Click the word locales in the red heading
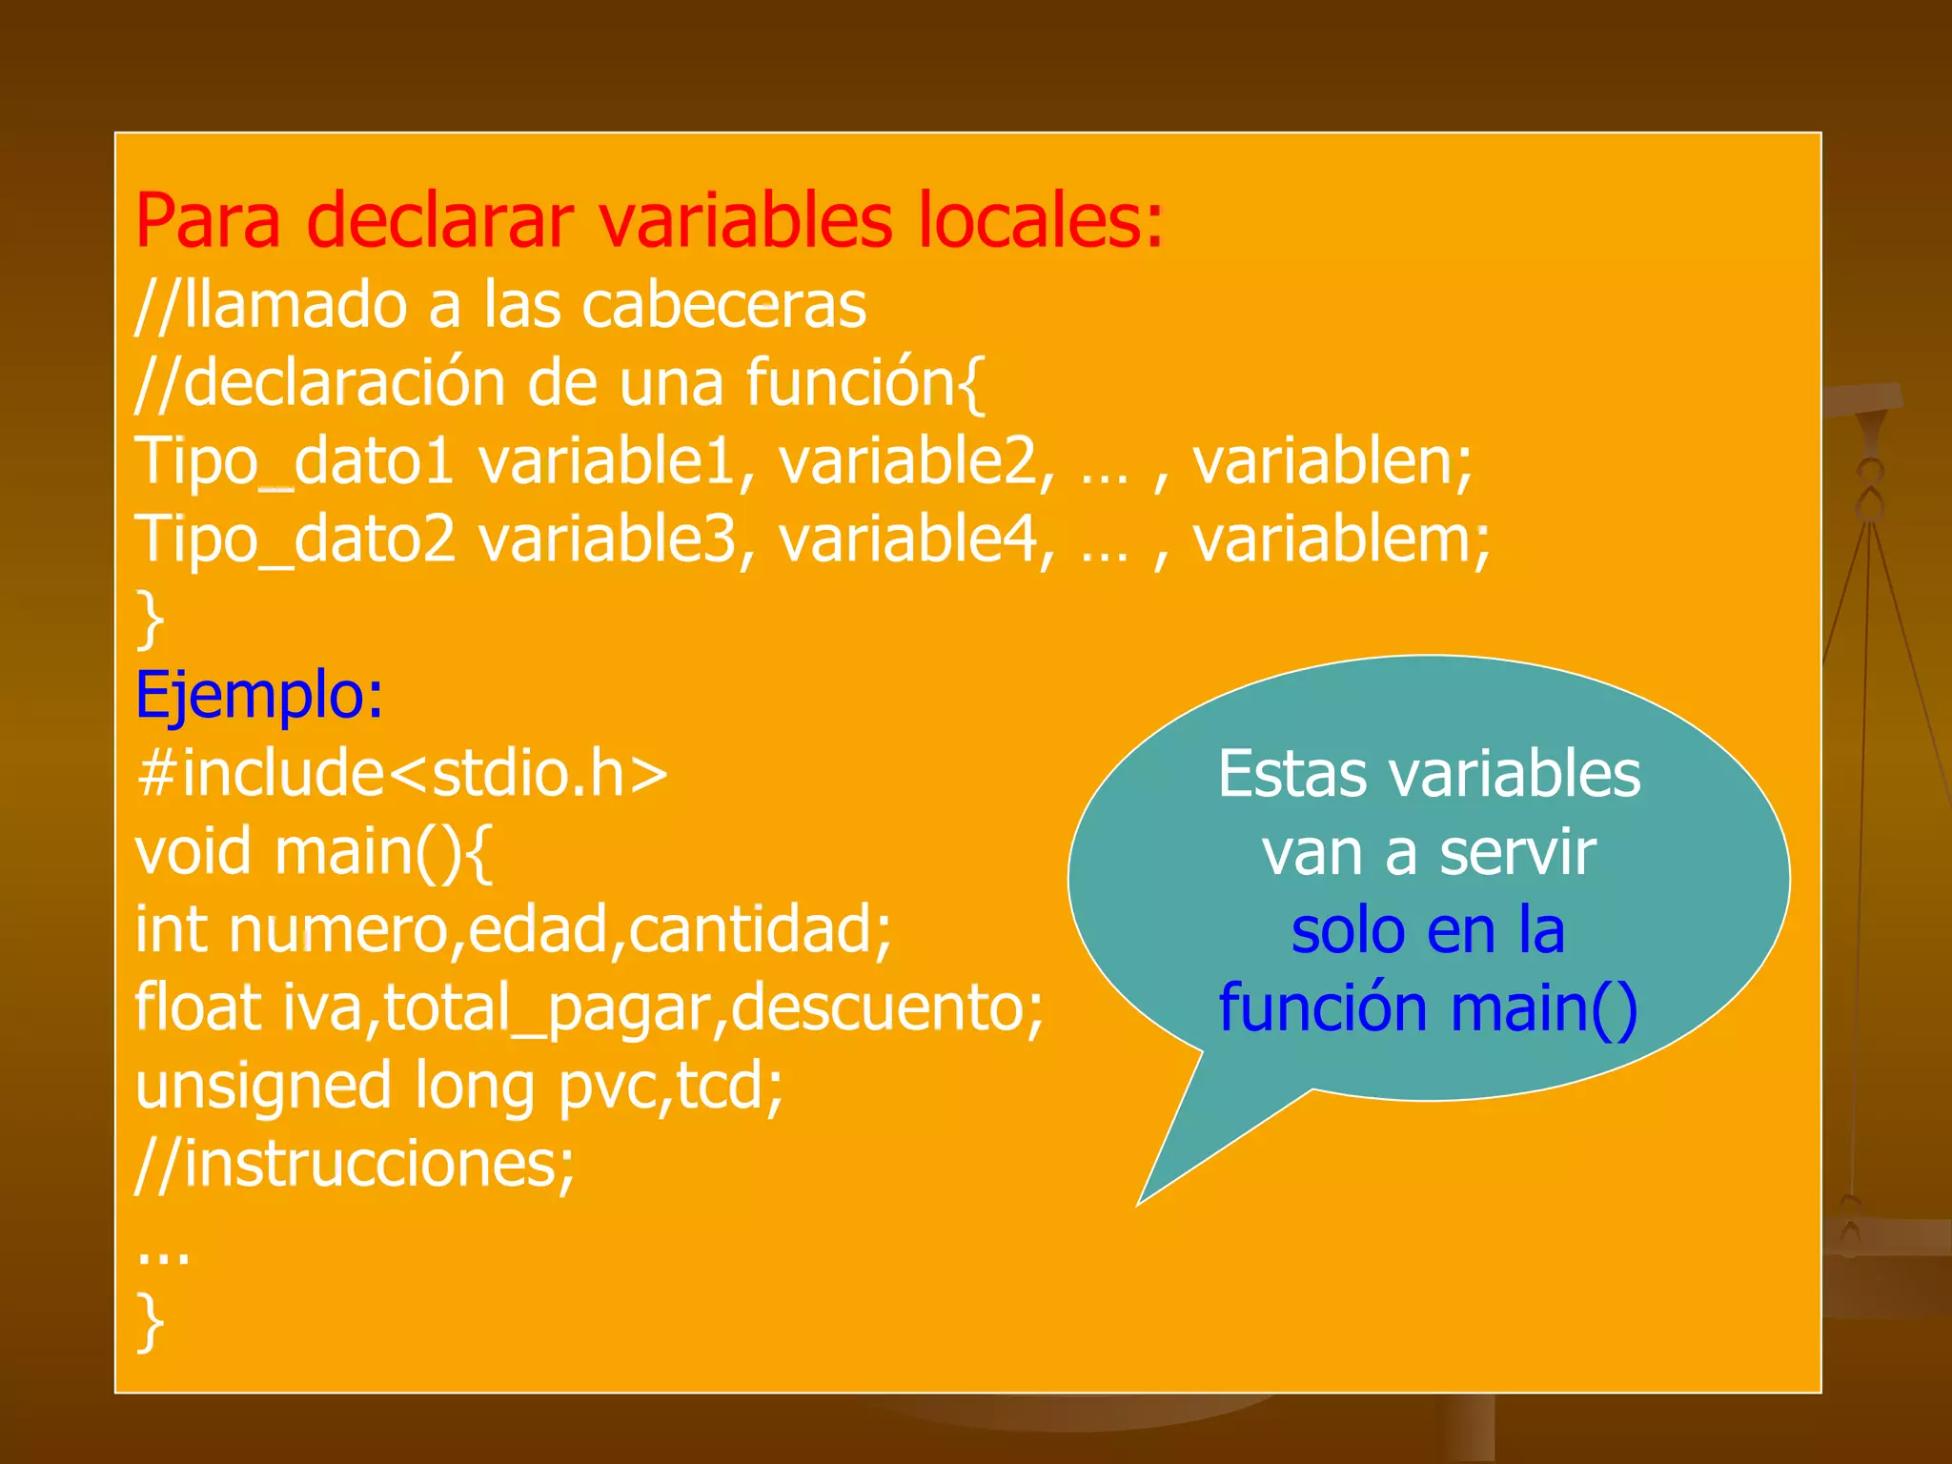click(1041, 221)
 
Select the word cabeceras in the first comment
click(723, 306)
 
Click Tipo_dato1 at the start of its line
click(294, 461)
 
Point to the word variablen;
click(1332, 461)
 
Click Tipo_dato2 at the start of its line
click(295, 539)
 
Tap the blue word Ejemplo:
click(259, 695)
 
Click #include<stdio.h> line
click(401, 773)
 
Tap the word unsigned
click(263, 1088)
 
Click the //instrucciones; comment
click(356, 1165)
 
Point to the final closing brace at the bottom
click(151, 1322)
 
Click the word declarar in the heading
click(440, 221)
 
